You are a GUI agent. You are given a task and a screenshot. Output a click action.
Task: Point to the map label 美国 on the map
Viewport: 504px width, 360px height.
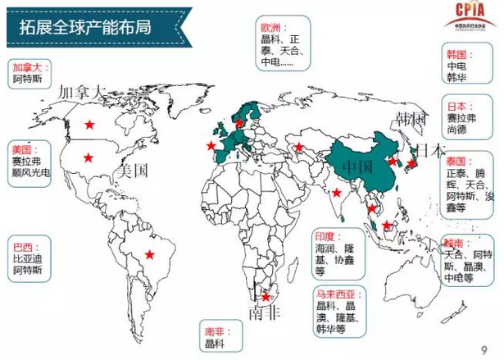pyautogui.click(x=132, y=171)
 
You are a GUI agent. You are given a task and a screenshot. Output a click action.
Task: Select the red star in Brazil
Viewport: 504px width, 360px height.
pyautogui.click(x=150, y=254)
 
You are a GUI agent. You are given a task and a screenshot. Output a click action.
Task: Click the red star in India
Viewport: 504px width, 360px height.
pyautogui.click(x=337, y=194)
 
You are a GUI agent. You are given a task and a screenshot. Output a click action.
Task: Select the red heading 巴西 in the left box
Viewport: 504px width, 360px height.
pyautogui.click(x=24, y=246)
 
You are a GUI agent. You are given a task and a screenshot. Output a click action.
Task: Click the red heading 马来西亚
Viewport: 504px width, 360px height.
pyautogui.click(x=333, y=294)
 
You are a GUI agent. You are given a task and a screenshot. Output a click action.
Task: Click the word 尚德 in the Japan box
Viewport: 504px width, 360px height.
pyautogui.click(x=455, y=130)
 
